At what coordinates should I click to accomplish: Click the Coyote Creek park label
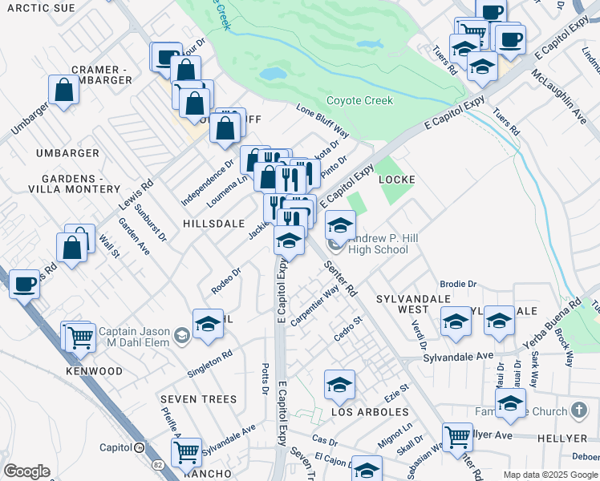pyautogui.click(x=359, y=101)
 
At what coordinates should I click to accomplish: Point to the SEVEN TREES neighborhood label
pyautogui.click(x=198, y=399)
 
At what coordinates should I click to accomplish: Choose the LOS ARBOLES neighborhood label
pyautogui.click(x=370, y=412)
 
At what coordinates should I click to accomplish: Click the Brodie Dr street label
pyautogui.click(x=459, y=285)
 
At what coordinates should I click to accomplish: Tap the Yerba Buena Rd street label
pyautogui.click(x=546, y=329)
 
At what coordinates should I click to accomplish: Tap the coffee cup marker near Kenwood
pyautogui.click(x=24, y=283)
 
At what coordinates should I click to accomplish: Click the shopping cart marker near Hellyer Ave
pyautogui.click(x=457, y=438)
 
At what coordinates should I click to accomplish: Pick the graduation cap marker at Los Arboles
pyautogui.click(x=339, y=385)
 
